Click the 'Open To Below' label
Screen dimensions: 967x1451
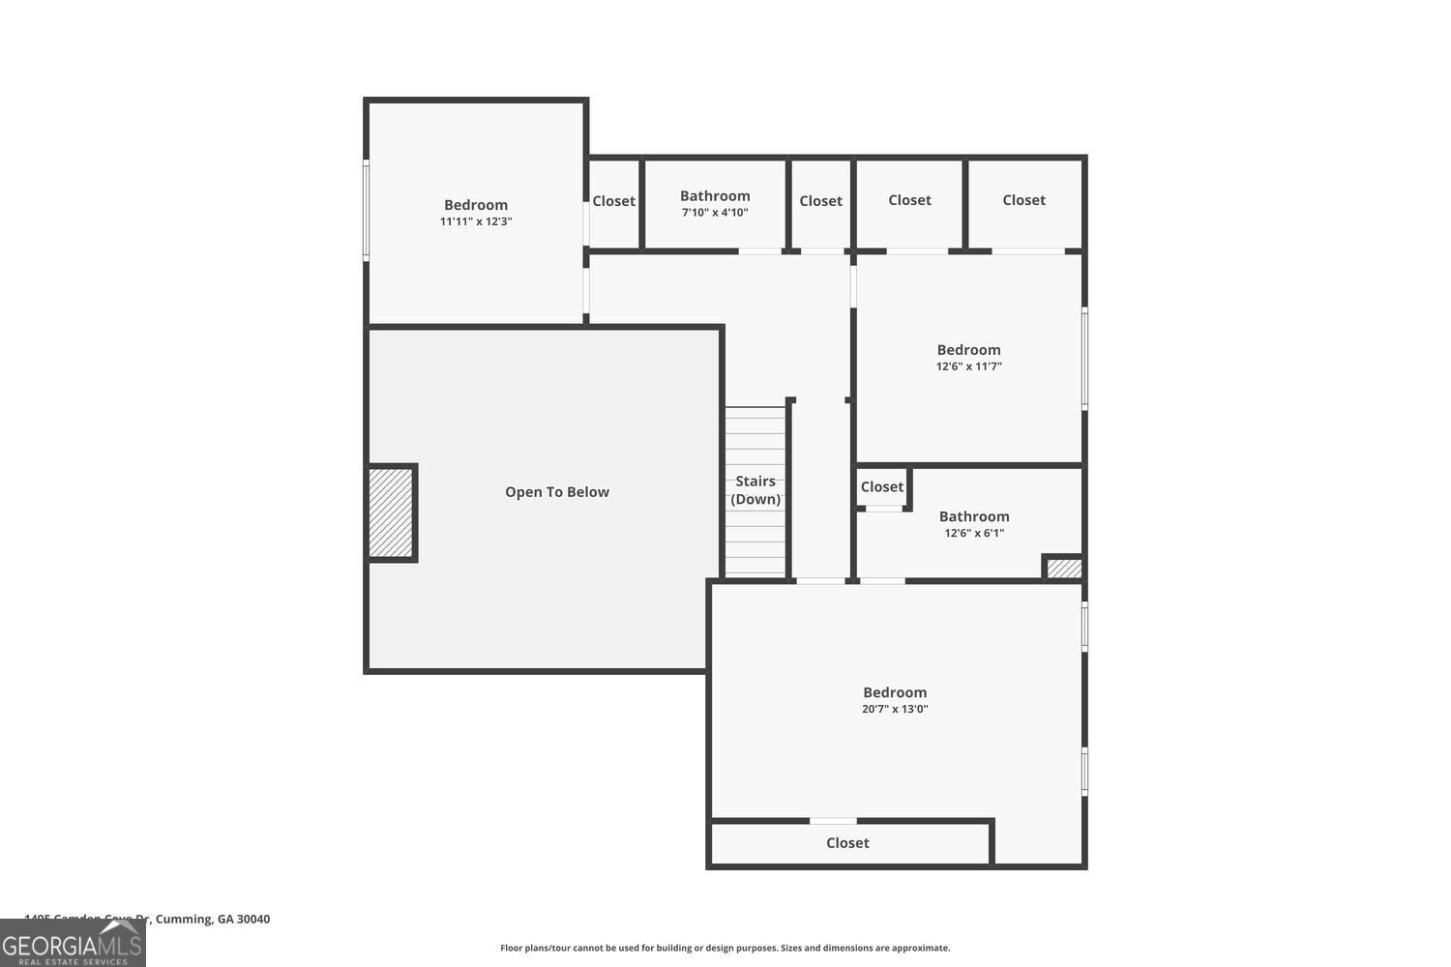click(x=556, y=492)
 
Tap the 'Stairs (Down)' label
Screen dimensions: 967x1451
click(x=755, y=490)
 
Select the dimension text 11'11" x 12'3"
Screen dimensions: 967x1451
click(x=476, y=221)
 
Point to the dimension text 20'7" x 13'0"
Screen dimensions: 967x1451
click(x=895, y=709)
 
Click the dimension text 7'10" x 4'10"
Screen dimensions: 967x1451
click(x=715, y=213)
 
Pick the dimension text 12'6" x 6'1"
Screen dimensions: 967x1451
click(x=974, y=533)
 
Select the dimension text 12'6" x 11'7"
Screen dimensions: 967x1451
click(x=968, y=366)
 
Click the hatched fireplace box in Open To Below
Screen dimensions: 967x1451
click(x=392, y=513)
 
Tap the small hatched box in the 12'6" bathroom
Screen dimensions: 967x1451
click(x=1064, y=569)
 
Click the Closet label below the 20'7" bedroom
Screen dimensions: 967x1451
click(x=847, y=843)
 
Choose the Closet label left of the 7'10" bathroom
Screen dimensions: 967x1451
click(x=613, y=201)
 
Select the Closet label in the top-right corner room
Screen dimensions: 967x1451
click(x=1023, y=200)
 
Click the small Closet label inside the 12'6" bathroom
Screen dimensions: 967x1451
click(x=881, y=487)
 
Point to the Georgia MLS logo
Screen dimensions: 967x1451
click(x=73, y=943)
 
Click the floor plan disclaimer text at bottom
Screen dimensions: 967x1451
click(x=725, y=948)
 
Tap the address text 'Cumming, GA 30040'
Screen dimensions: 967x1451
click(x=213, y=919)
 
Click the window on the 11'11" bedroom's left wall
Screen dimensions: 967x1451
click(x=366, y=211)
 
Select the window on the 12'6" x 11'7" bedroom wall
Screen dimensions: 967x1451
click(x=1084, y=358)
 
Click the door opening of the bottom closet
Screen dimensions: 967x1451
click(x=833, y=821)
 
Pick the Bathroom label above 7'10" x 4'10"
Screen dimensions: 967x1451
click(x=715, y=196)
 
